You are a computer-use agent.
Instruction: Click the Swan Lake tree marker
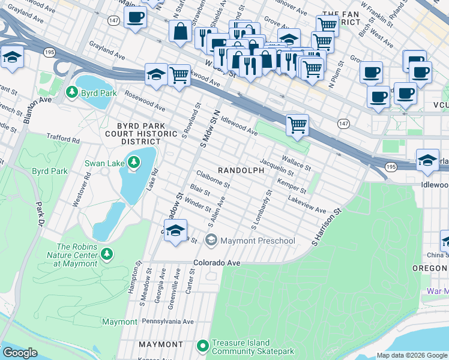(133, 163)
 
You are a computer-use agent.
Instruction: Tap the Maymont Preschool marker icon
(211, 241)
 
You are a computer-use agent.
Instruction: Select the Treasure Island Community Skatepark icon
(203, 346)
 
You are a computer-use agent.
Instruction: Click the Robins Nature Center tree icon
(107, 254)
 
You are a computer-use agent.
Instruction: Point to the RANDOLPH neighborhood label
(241, 170)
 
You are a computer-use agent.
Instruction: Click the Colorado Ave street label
(217, 263)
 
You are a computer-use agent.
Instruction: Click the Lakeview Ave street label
(306, 205)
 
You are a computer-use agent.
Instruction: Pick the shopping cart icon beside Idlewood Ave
(297, 125)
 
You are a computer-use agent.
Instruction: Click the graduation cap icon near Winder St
(175, 231)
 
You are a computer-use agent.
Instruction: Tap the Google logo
(20, 353)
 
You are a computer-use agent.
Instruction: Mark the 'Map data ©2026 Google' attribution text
(412, 355)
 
